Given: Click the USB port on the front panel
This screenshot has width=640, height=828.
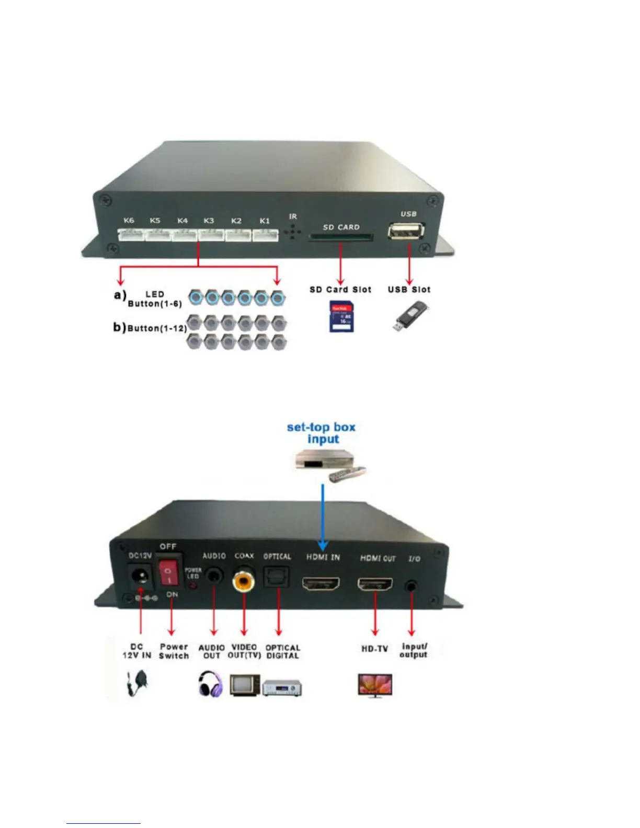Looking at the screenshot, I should (406, 231).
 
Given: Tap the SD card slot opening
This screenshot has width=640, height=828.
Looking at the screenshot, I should (341, 237).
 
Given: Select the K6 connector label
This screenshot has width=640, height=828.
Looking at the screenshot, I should (129, 220).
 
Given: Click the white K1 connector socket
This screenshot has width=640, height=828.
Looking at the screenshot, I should (266, 235).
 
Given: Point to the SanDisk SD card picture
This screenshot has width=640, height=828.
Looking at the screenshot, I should (341, 316).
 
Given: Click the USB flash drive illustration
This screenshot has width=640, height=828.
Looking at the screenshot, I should (411, 317).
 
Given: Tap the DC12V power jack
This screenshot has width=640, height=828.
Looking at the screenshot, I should (140, 577).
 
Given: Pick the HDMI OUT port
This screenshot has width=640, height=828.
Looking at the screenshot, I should (375, 583).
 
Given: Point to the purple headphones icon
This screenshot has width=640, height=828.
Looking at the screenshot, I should (211, 683).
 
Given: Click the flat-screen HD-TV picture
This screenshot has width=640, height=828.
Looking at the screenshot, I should (375, 685).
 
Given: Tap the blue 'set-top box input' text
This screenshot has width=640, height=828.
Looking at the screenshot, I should (321, 433).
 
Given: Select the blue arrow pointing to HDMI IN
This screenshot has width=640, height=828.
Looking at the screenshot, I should (323, 517).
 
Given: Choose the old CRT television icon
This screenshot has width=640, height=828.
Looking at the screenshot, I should (244, 684).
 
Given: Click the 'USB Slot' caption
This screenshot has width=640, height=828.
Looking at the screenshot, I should (409, 289).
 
